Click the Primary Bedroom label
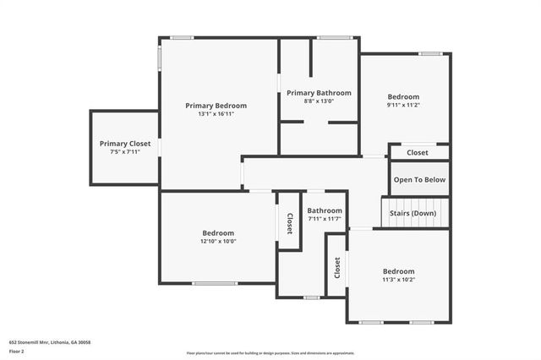(216, 106)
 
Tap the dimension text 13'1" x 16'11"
(216, 114)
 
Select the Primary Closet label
(125, 144)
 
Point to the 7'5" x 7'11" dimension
(125, 152)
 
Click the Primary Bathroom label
(319, 93)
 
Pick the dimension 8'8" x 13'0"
(319, 101)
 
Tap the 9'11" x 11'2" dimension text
(404, 106)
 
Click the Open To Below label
(419, 180)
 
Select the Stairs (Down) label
(413, 213)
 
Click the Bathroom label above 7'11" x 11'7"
(325, 210)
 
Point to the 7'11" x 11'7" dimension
(325, 219)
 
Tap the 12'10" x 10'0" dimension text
(218, 241)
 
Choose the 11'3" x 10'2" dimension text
(399, 279)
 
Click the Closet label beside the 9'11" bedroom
(418, 153)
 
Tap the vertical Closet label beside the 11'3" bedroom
(336, 268)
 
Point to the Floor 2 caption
(17, 351)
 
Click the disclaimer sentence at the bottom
(270, 353)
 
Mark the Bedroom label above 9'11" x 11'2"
(404, 96)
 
